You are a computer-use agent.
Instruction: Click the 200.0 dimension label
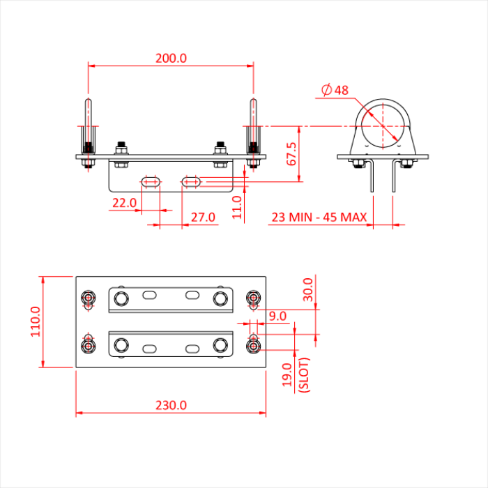[171, 59]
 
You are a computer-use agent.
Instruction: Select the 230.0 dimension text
[171, 405]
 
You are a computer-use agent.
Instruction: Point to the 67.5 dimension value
[292, 154]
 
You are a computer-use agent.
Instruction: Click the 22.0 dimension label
[123, 203]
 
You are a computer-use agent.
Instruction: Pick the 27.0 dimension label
[203, 218]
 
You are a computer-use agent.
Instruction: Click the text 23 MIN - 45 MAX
[319, 218]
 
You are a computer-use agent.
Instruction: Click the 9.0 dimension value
[277, 316]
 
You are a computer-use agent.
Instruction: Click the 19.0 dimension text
[286, 376]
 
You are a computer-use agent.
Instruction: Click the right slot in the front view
[192, 181]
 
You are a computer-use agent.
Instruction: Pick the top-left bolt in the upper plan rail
[121, 299]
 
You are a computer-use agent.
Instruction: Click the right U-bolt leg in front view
[253, 125]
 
